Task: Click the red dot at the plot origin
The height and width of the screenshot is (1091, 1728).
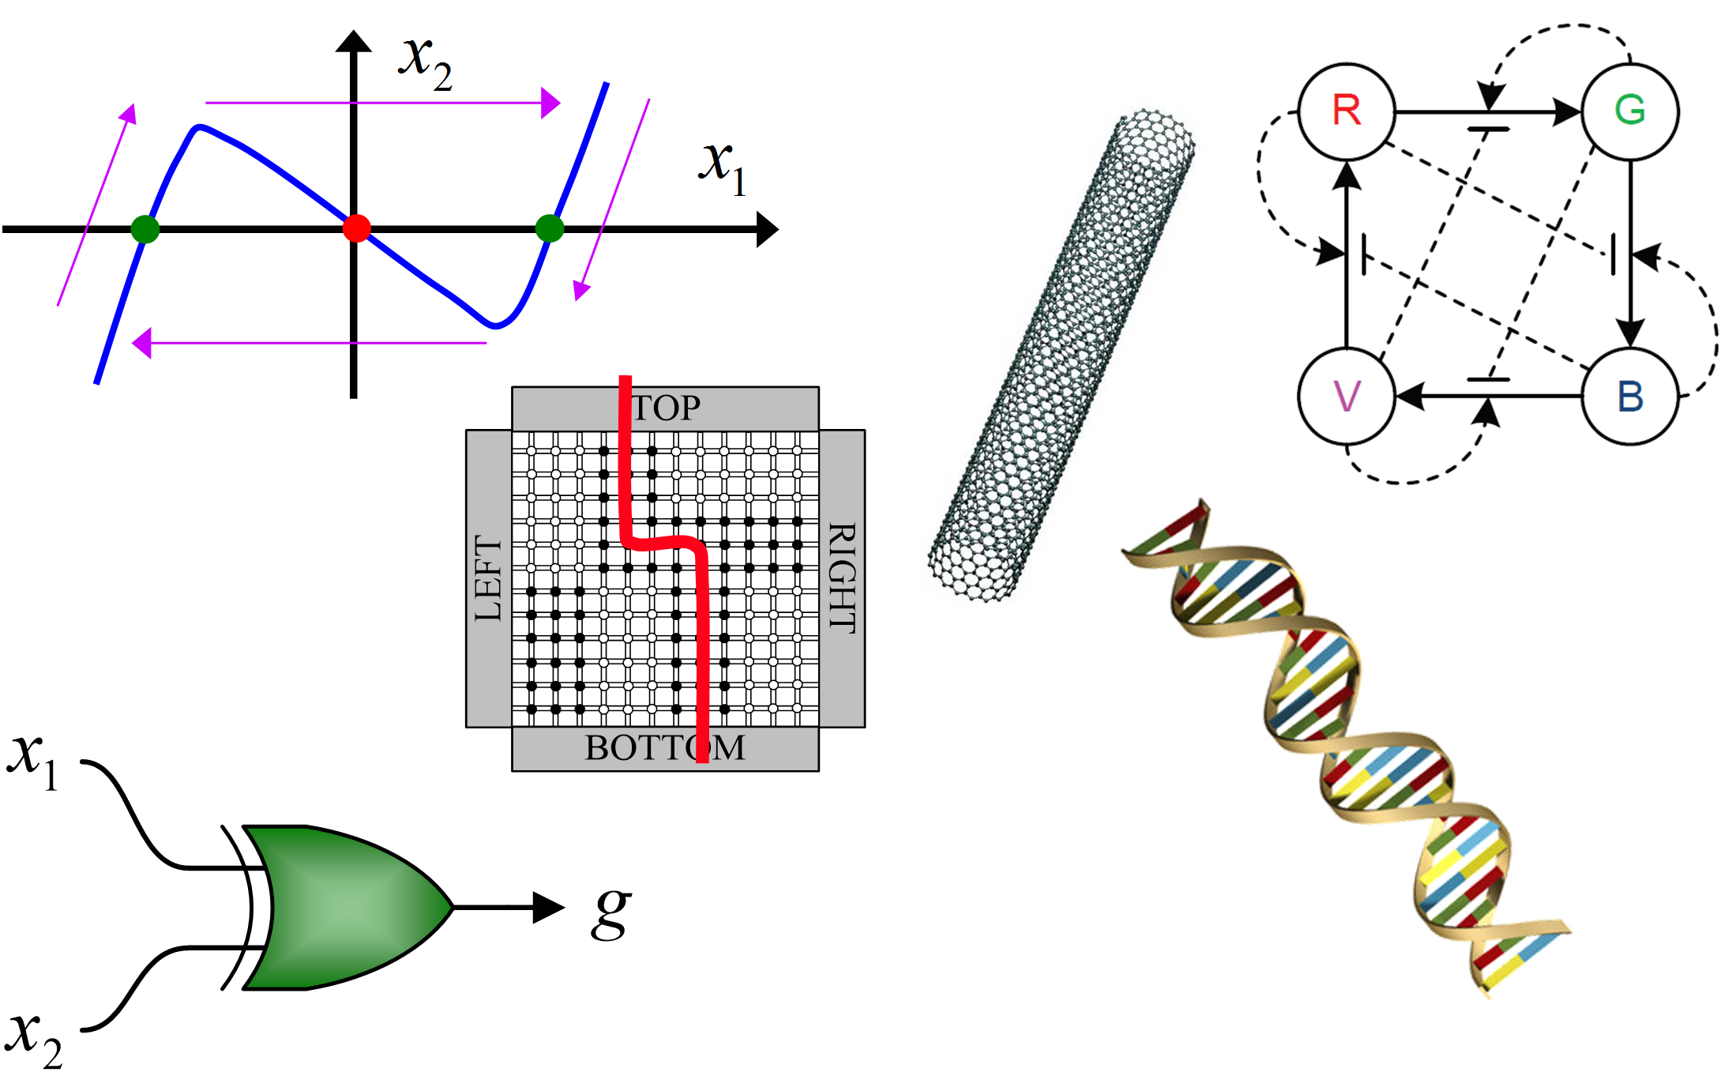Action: [x=357, y=228]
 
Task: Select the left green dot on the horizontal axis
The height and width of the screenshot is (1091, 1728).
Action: [x=145, y=229]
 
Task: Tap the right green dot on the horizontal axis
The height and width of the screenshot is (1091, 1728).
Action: [x=550, y=228]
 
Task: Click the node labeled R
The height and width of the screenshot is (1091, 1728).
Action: [x=1347, y=111]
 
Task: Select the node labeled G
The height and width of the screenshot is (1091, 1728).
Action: [x=1630, y=111]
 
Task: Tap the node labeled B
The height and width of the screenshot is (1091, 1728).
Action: [x=1630, y=397]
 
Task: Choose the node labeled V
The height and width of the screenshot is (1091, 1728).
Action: [x=1347, y=397]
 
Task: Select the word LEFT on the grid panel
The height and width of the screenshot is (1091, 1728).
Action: [x=488, y=578]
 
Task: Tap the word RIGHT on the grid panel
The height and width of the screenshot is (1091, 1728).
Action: [x=842, y=577]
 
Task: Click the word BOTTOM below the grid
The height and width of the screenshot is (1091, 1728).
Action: [x=665, y=748]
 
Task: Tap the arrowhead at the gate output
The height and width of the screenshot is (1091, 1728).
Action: [x=549, y=908]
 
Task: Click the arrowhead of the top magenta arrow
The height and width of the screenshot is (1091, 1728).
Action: [x=550, y=103]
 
